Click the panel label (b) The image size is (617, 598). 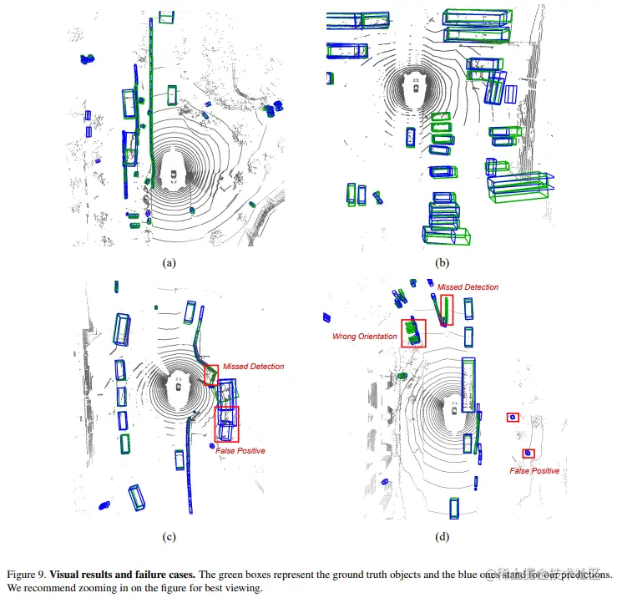click(443, 262)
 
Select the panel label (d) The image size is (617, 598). click(443, 537)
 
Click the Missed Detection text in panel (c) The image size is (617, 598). click(253, 367)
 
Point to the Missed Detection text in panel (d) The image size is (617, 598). click(468, 287)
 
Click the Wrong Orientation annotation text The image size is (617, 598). click(364, 336)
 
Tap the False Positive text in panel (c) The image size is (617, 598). click(240, 451)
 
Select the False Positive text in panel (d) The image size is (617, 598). click(534, 471)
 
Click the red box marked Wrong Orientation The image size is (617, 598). click(412, 333)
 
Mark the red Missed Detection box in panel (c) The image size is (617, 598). click(211, 375)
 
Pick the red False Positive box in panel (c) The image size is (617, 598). click(227, 423)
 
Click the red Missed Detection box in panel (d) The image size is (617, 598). click(448, 309)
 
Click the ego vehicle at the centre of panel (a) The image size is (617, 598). click(173, 175)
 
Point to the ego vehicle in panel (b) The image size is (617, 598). click(413, 84)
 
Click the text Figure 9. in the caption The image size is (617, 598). click(25, 575)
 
